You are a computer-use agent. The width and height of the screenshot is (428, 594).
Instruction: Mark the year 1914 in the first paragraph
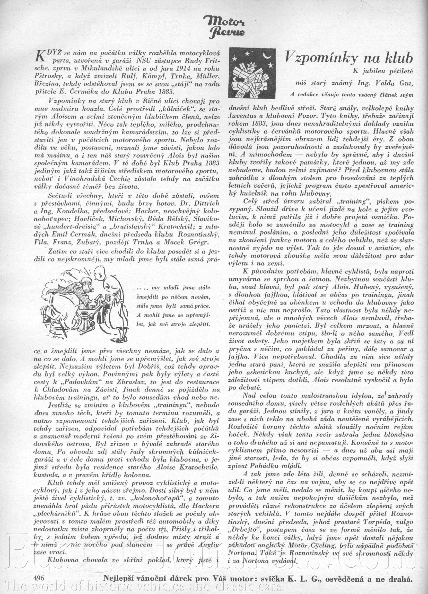coord(157,69)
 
